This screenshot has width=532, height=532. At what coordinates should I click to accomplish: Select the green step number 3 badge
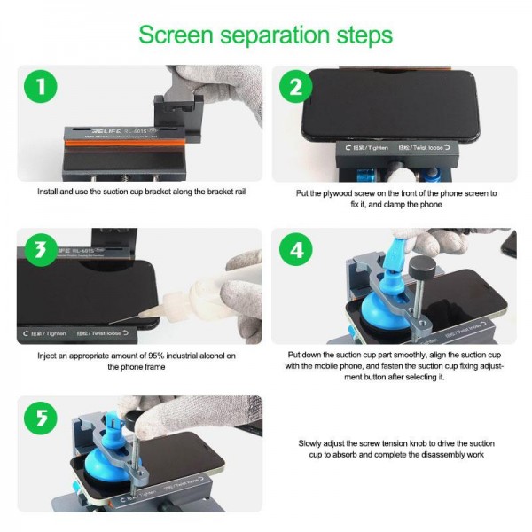(x=38, y=251)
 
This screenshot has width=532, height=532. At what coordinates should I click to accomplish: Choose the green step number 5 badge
(x=38, y=417)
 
